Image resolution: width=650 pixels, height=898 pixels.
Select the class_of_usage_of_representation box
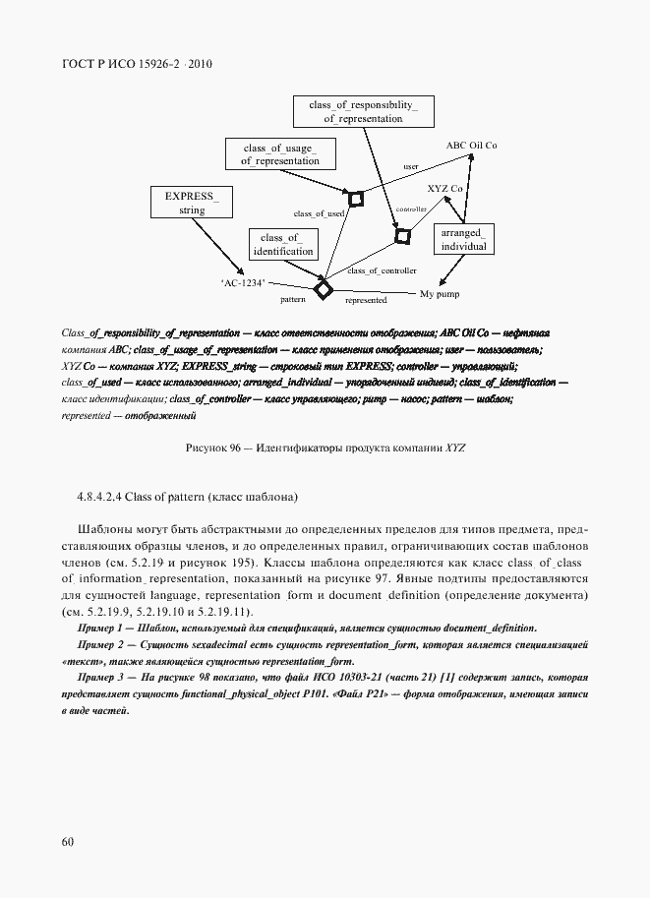click(x=280, y=153)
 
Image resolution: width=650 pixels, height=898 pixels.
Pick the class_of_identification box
click(x=282, y=245)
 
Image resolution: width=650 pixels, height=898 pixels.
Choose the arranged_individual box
click(x=464, y=240)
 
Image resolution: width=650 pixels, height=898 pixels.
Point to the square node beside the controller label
click(x=401, y=236)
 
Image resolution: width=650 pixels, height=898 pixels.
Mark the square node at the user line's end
click(x=356, y=200)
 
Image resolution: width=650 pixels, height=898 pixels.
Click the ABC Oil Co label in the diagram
click(x=472, y=145)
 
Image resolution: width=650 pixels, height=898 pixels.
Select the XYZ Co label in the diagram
click(x=444, y=187)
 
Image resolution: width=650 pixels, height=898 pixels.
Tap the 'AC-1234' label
click(x=244, y=282)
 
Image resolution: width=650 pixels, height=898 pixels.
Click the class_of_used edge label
click(x=319, y=212)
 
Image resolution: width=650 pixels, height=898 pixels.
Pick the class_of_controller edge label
click(x=383, y=269)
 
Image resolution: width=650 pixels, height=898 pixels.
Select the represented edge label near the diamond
click(x=365, y=300)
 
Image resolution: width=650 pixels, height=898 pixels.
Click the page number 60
click(x=68, y=841)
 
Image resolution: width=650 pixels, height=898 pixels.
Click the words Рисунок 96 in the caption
click(x=212, y=448)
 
